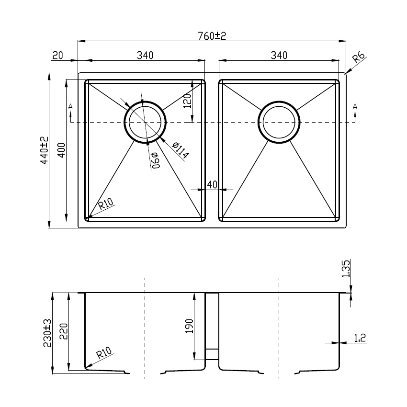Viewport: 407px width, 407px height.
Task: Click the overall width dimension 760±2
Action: [211, 36]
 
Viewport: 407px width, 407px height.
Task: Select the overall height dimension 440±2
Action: [44, 150]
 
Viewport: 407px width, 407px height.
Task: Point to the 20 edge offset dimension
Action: [57, 56]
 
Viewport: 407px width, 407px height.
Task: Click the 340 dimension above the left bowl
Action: [145, 56]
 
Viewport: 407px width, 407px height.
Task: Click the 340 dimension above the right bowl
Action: [279, 56]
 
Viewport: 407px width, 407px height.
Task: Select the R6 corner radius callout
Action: [359, 59]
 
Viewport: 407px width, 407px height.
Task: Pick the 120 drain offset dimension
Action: [187, 101]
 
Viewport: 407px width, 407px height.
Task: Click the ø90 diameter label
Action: [154, 161]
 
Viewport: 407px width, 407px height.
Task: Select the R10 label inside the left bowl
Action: [105, 206]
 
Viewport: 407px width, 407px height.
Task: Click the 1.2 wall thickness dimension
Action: [360, 339]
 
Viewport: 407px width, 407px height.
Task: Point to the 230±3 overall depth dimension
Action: [47, 333]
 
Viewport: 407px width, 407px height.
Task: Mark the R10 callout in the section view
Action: [103, 354]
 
